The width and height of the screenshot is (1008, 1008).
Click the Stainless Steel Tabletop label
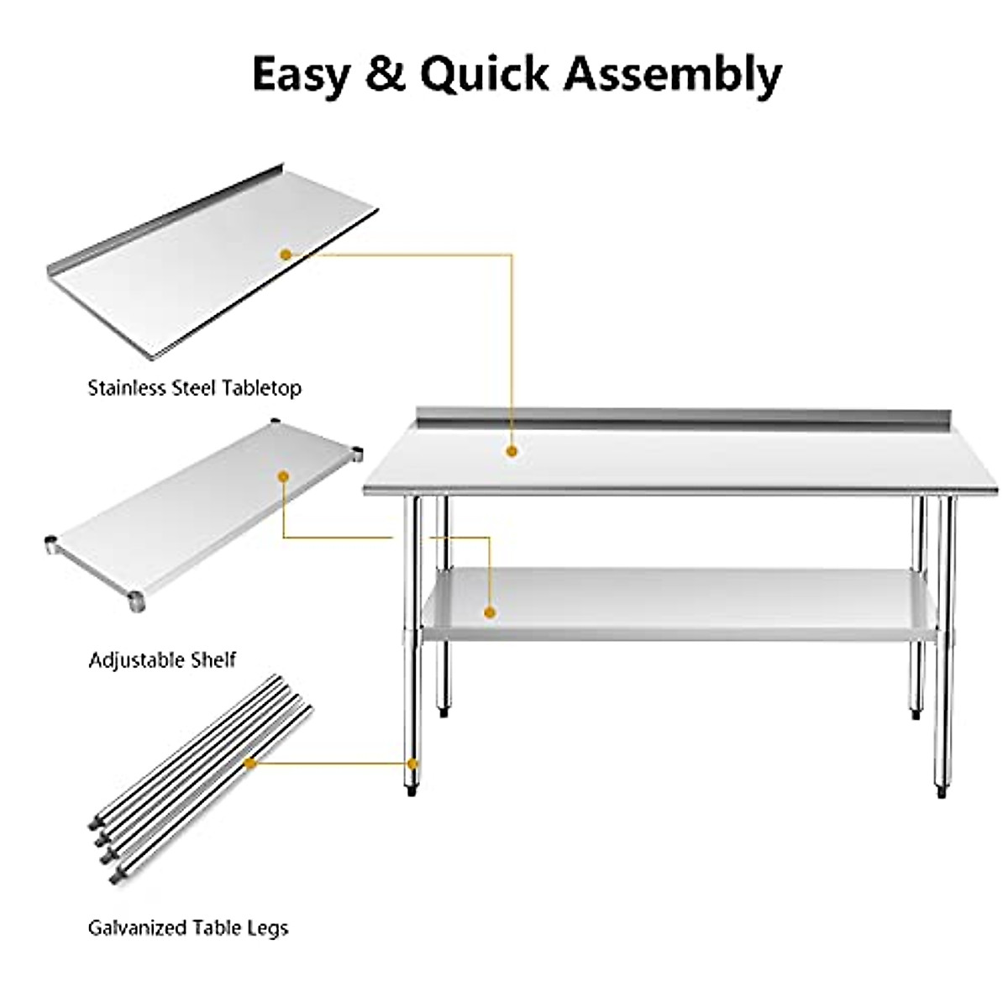tap(194, 388)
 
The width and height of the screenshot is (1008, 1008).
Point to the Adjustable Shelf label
tap(162, 659)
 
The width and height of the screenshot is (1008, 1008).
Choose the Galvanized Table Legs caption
tap(188, 928)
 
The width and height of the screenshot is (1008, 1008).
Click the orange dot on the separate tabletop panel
tap(286, 253)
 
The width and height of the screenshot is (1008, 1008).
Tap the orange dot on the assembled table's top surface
tap(512, 451)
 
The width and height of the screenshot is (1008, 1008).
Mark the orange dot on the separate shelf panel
tap(284, 476)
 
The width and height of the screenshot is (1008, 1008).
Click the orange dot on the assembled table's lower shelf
tap(491, 612)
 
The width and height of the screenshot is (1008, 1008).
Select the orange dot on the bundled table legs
tap(249, 763)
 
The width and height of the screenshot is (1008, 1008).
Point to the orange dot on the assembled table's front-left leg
tap(412, 764)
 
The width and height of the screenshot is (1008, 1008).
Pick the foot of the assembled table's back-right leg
tap(915, 714)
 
